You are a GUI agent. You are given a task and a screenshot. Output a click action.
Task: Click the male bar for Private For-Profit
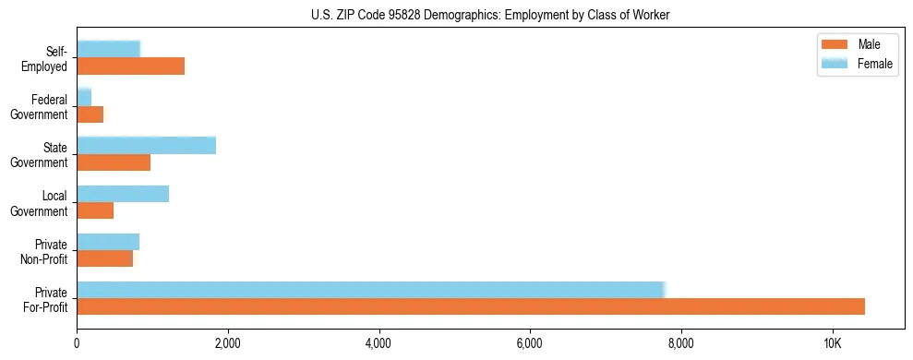point(471,306)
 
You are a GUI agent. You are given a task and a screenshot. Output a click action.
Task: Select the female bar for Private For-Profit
point(370,290)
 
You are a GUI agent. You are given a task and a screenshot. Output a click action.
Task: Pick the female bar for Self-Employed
point(108,49)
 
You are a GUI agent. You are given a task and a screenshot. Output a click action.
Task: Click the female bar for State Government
point(146,145)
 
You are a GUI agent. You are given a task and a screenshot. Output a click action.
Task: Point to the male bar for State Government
point(114,162)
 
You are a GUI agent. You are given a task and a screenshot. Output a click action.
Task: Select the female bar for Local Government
point(123,194)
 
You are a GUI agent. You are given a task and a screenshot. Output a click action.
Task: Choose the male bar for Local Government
point(95,210)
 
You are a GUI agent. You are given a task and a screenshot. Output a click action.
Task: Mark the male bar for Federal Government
point(90,114)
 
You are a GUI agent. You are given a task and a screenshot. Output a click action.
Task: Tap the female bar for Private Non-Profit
point(108,242)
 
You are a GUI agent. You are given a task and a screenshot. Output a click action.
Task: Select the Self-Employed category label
point(47,58)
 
